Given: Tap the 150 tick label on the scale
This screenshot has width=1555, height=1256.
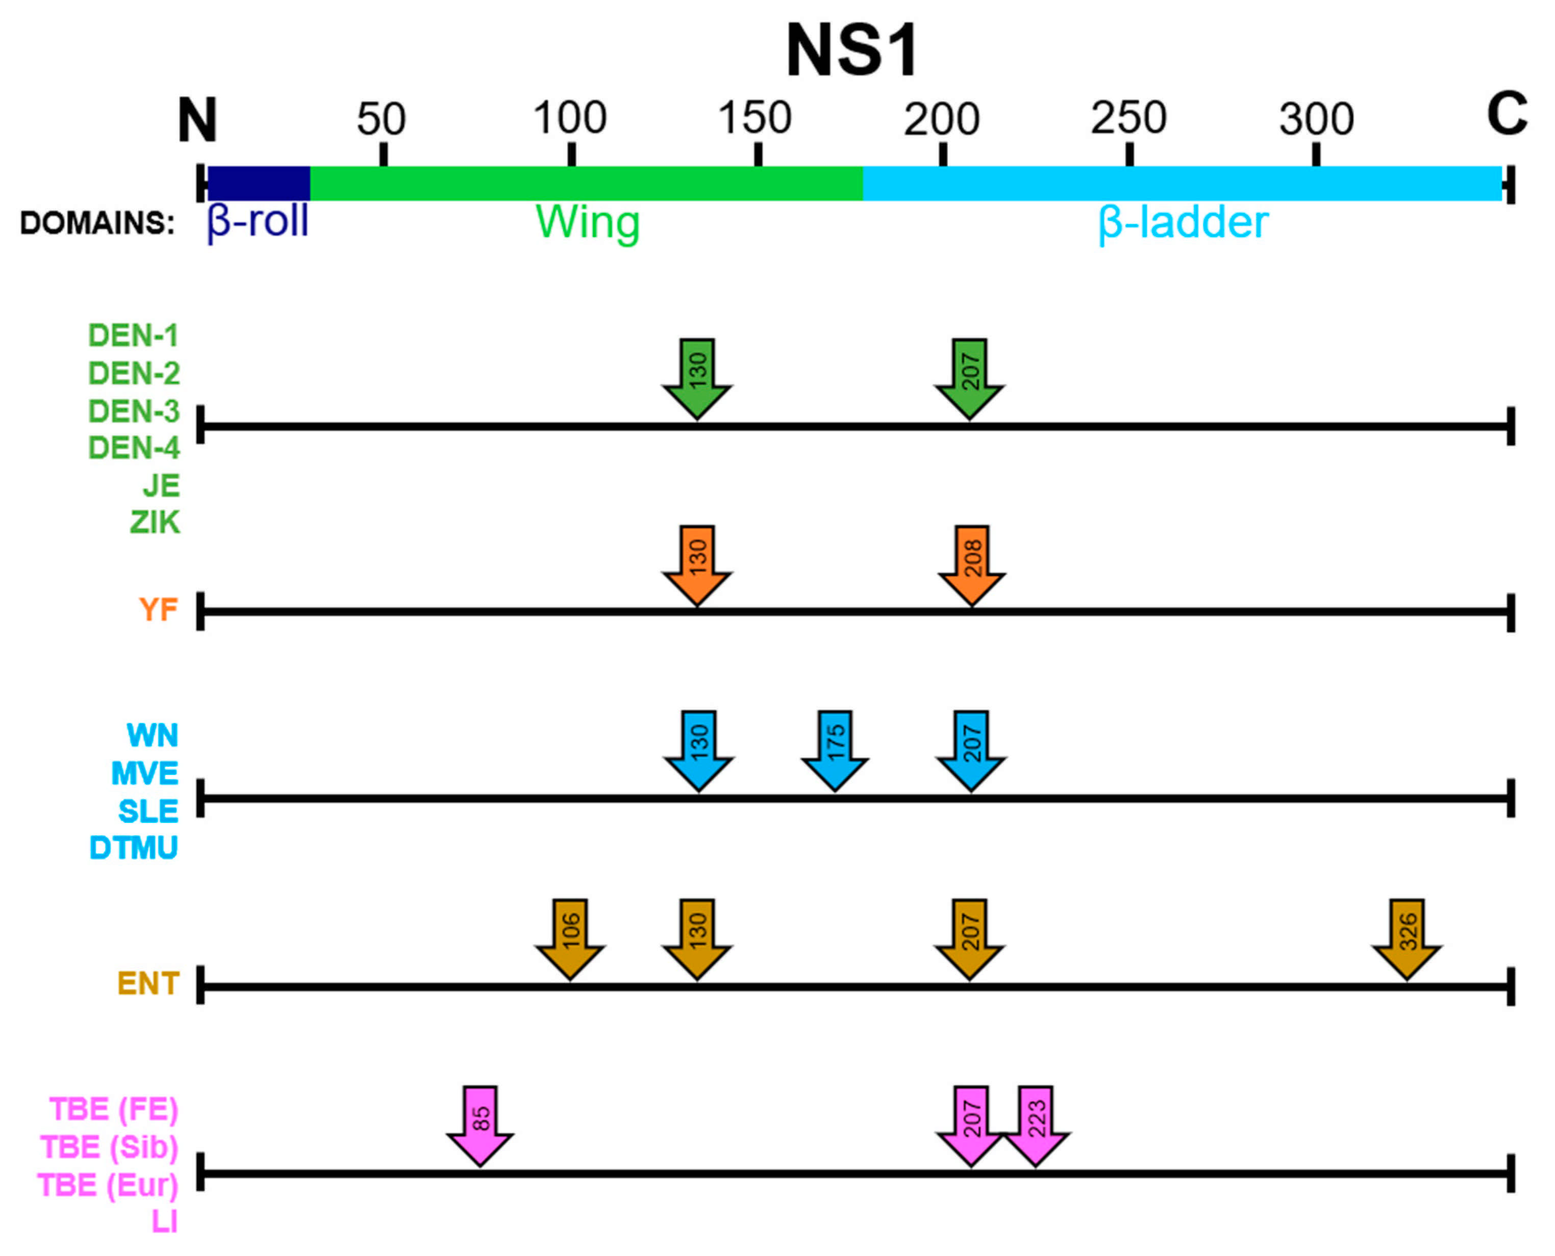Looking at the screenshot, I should coord(755,118).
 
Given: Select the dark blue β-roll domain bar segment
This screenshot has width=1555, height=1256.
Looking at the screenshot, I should coord(258,183).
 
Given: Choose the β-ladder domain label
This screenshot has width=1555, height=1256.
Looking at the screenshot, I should coord(1183,223).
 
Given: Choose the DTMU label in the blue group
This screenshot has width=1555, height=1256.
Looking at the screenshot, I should coord(133,848).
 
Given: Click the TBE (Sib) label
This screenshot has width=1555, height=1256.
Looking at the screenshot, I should coord(109,1147).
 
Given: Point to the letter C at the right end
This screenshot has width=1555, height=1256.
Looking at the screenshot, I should coord(1507,114).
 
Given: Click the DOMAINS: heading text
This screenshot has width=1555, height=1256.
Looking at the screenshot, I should coord(97,223).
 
